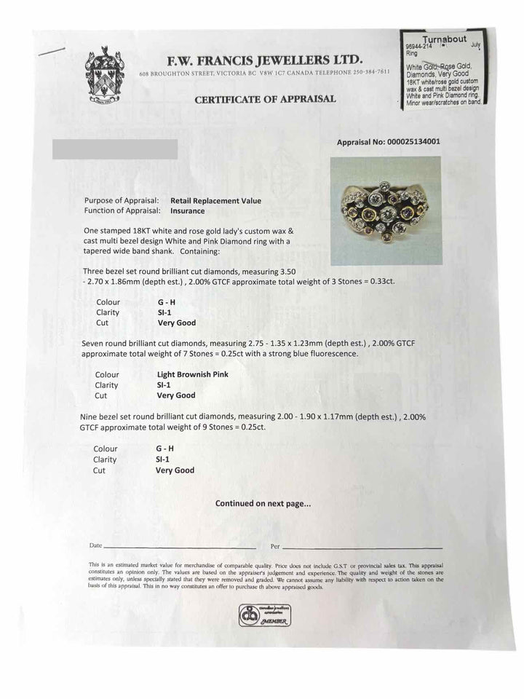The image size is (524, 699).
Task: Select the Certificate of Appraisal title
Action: [x=265, y=99]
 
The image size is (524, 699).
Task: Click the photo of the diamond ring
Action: [x=386, y=210]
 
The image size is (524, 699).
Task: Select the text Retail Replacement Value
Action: [x=215, y=200]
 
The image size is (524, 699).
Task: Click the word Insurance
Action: [x=188, y=211]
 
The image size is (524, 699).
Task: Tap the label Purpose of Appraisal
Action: [x=122, y=200]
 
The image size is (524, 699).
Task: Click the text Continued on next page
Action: [x=263, y=503]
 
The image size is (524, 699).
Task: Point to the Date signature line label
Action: [x=96, y=545]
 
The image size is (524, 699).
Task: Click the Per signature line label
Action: [x=275, y=545]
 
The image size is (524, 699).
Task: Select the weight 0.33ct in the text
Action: [x=381, y=280]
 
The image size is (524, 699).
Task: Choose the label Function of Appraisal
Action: [x=122, y=211]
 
